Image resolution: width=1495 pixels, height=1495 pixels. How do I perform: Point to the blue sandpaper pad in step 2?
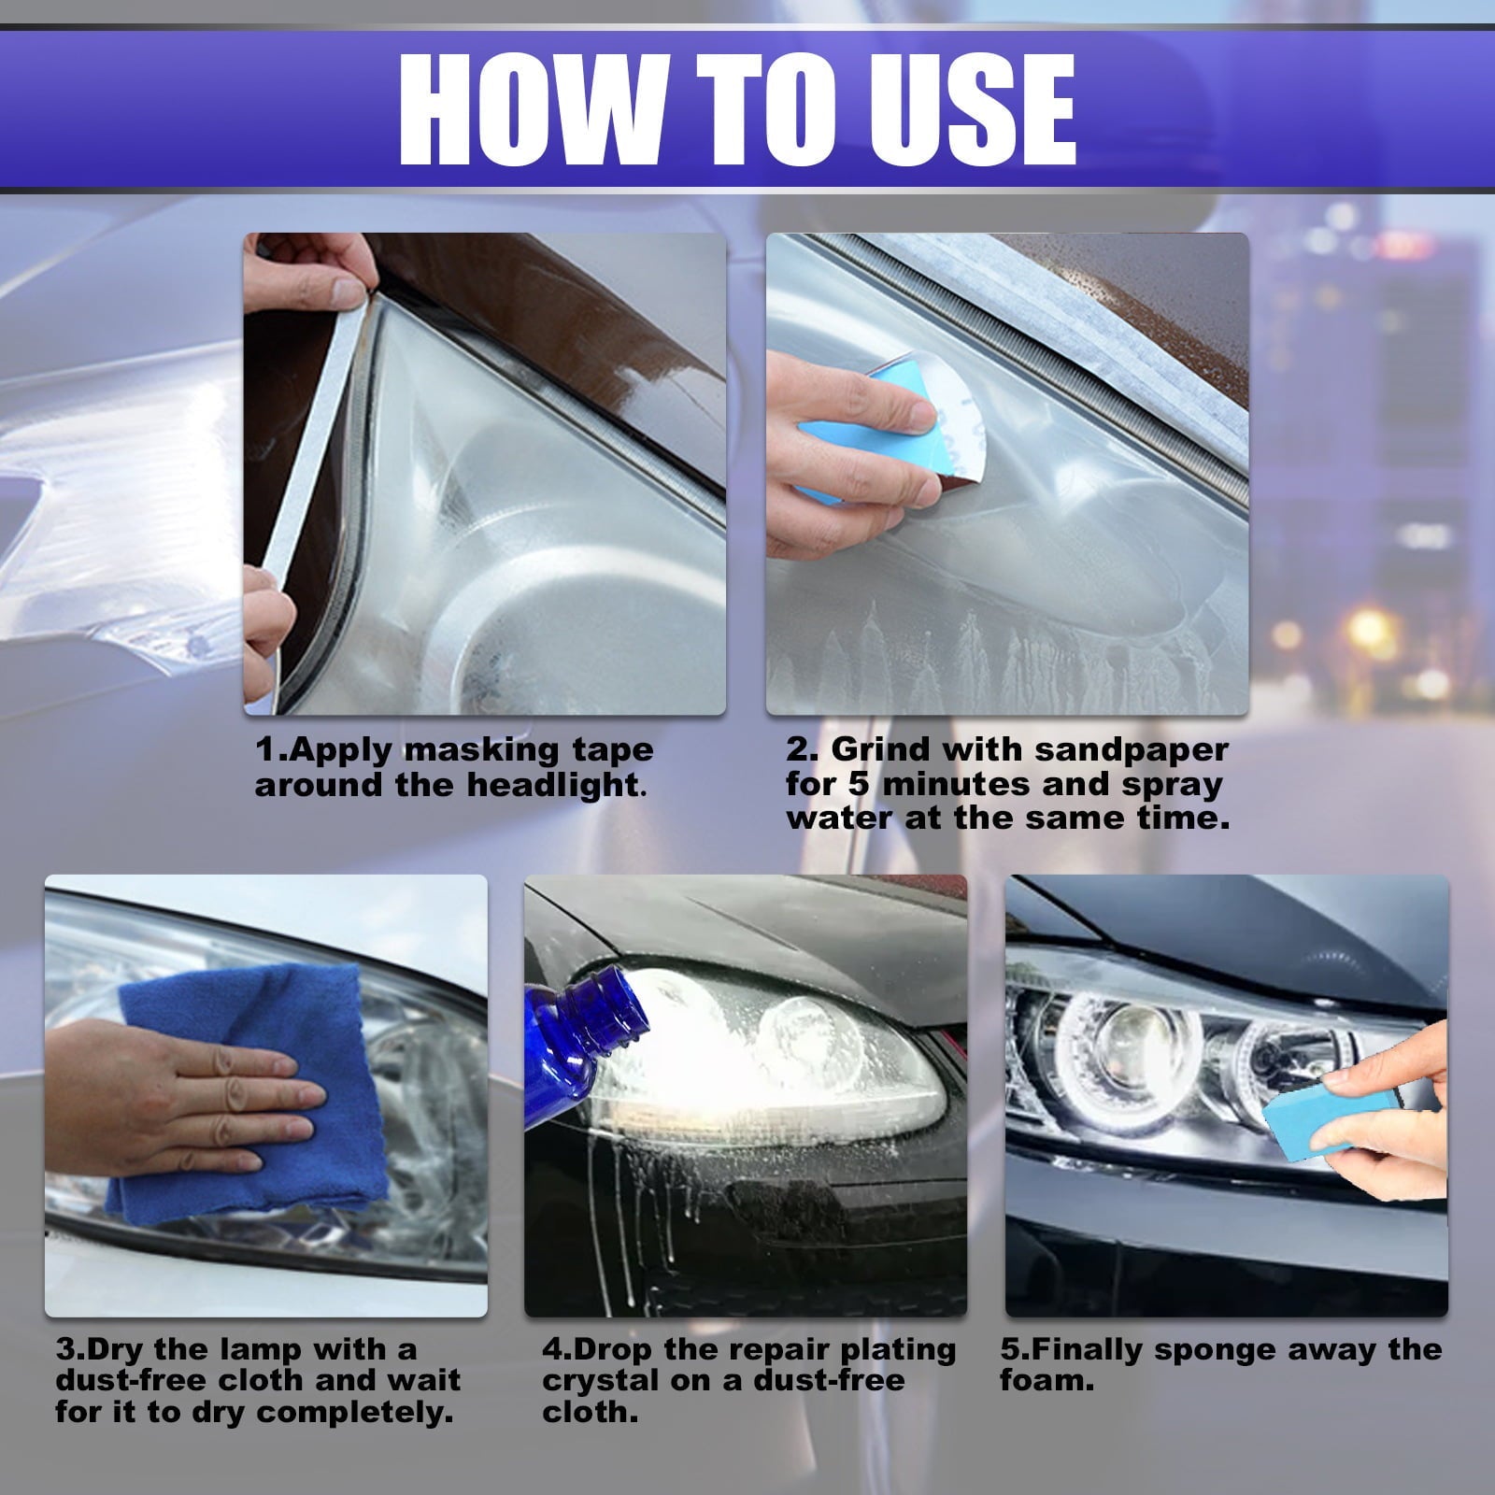841,430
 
